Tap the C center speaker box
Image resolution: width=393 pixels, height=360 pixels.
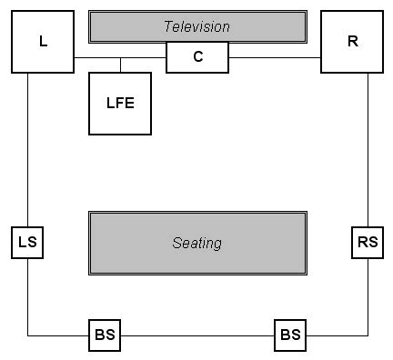coord(197,57)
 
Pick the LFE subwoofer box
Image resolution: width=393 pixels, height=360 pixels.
coord(119,102)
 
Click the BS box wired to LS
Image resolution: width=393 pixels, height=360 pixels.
coord(105,335)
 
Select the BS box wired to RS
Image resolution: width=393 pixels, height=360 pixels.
coord(290,335)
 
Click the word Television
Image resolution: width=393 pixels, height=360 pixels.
coord(196,26)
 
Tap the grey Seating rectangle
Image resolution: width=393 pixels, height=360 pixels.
coord(196,243)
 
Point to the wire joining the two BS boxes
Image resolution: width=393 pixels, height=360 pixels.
coord(197,335)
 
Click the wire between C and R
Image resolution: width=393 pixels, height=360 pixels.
coord(274,58)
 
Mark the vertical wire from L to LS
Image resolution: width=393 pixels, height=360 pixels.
coord(27,150)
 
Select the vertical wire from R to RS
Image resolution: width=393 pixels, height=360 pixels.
coord(368,150)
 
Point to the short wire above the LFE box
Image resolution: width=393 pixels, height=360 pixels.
coord(120,65)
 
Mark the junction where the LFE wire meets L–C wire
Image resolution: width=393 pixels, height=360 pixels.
coord(120,58)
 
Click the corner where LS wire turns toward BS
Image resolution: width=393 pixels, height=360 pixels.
coord(27,335)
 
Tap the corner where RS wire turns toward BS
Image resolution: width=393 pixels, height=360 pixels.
coord(368,335)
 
